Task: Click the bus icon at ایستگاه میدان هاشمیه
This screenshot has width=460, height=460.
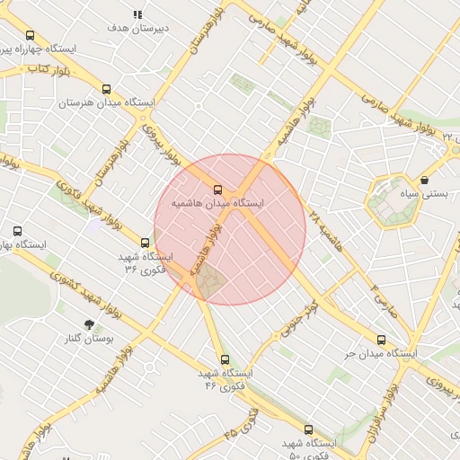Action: (217, 190)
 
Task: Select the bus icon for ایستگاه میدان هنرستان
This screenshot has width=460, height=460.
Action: (107, 89)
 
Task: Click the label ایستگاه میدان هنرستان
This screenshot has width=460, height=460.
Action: (107, 103)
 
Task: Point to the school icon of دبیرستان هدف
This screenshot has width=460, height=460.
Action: (137, 14)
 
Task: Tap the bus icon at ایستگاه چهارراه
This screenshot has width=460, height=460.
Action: (31, 35)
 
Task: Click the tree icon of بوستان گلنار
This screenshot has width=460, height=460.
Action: (89, 324)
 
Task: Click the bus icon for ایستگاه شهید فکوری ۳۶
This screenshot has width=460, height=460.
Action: (146, 243)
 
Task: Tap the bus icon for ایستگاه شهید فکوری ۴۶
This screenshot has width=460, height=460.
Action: (225, 359)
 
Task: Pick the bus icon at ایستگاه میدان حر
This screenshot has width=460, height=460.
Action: (382, 341)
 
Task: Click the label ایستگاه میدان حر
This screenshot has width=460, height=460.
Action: (382, 355)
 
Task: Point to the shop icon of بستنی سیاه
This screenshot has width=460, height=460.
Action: (424, 180)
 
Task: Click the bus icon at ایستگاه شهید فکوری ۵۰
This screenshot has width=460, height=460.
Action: (309, 429)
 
